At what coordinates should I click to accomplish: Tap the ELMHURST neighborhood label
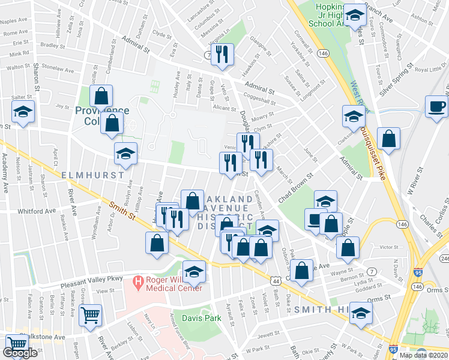pyautogui.click(x=92, y=175)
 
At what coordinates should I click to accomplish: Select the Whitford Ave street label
pyautogui.click(x=37, y=211)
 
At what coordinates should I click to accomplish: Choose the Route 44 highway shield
pyautogui.click(x=276, y=280)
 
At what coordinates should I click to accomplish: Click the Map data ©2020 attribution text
pyautogui.click(x=424, y=355)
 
